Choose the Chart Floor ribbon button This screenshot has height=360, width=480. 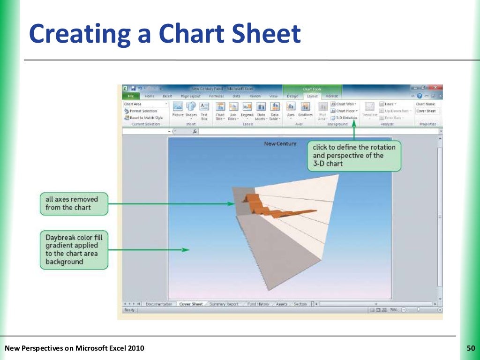[x=345, y=111]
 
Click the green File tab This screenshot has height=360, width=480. [x=131, y=96]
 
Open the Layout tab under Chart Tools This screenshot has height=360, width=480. [x=312, y=96]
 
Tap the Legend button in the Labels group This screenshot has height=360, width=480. [x=247, y=110]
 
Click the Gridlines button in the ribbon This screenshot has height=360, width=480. [x=306, y=110]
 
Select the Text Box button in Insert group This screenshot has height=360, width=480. [x=204, y=110]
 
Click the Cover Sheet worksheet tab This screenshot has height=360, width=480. [x=191, y=304]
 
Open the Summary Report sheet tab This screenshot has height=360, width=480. [x=224, y=304]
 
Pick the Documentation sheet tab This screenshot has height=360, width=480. [x=160, y=304]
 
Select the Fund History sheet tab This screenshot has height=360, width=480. [x=258, y=304]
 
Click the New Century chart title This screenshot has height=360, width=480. [x=280, y=143]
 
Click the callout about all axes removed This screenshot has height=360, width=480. [x=74, y=203]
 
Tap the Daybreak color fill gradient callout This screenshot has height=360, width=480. [x=74, y=249]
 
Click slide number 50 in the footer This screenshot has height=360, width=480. [x=471, y=348]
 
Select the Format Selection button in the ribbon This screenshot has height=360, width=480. [x=143, y=111]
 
